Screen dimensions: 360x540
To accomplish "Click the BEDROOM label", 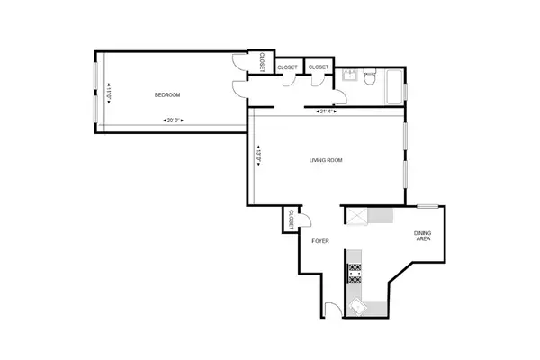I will [x=166, y=95].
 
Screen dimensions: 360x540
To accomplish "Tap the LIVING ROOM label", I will [x=327, y=161].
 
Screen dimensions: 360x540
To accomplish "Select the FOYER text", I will [x=320, y=242].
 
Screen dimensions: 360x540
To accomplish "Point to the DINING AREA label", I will [x=425, y=238].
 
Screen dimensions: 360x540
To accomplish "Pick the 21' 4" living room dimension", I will [x=327, y=112].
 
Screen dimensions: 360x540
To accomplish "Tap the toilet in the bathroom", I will [x=370, y=80].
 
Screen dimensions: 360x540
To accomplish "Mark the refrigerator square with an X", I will [x=358, y=216].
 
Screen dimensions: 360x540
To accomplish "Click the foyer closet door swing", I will [x=304, y=220].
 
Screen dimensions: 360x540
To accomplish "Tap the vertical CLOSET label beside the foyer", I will [x=292, y=218].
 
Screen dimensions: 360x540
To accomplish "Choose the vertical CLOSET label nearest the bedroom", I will [x=259, y=63].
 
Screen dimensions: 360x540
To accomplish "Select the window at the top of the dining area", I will [x=428, y=206].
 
